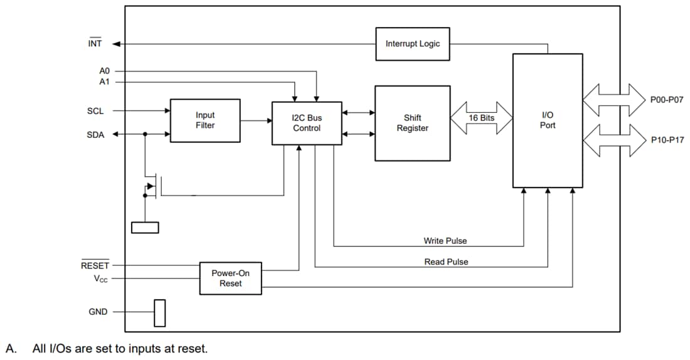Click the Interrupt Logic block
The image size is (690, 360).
click(x=412, y=44)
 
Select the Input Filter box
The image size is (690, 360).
click(x=205, y=120)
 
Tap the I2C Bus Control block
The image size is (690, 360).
click(x=306, y=123)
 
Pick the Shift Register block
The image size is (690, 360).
click(x=412, y=123)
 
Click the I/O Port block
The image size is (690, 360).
click(x=547, y=120)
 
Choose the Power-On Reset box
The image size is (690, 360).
click(x=230, y=278)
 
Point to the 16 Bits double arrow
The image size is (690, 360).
click(x=481, y=118)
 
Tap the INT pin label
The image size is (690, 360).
click(x=95, y=44)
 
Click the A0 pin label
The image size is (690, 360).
click(x=104, y=71)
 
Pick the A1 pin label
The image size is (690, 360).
click(x=104, y=82)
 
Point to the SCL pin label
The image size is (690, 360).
click(x=95, y=111)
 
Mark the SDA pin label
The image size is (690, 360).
click(x=95, y=134)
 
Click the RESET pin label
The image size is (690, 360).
click(x=95, y=265)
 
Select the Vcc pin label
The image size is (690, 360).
click(x=100, y=278)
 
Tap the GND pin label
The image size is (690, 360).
click(x=98, y=312)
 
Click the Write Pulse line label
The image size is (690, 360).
click(x=445, y=241)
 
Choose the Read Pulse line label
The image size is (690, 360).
click(x=446, y=262)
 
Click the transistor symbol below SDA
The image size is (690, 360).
click(x=152, y=186)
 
